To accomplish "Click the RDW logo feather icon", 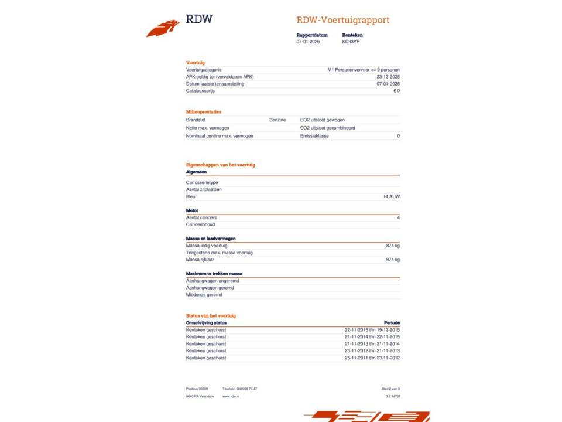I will (163, 28).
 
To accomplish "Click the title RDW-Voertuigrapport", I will (342, 20).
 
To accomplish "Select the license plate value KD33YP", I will (351, 42).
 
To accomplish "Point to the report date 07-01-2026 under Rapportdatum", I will (308, 42).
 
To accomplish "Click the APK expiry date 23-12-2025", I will (388, 77).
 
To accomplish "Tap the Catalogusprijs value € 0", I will (396, 91).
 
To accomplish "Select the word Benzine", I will (277, 120).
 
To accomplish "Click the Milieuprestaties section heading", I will (204, 111).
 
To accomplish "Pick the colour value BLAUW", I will (392, 196).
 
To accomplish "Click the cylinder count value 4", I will (398, 217).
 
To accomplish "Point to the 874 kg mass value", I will (393, 246).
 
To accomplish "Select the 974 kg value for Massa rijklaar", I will (393, 260).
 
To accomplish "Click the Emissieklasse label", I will (314, 136).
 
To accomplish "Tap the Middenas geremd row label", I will (204, 295).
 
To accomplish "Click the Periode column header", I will (392, 322).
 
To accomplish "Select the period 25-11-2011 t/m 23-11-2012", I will (372, 358).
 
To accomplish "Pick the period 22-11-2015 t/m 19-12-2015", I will (372, 330).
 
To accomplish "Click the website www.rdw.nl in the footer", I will (231, 397).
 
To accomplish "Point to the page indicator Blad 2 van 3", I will (390, 389).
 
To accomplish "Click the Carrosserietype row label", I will (202, 182).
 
